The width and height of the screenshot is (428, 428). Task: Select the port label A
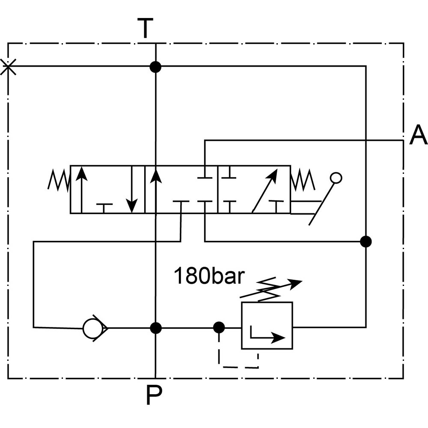(418, 136)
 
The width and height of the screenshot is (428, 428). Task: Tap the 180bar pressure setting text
(208, 276)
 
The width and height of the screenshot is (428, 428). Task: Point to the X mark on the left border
(8, 67)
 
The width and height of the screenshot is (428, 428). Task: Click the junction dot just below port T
(155, 66)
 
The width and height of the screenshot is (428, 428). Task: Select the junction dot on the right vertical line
(366, 241)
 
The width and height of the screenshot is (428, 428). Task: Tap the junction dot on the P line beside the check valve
(156, 328)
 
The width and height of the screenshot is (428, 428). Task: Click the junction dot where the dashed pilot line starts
(219, 328)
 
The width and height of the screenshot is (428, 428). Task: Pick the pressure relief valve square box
(267, 325)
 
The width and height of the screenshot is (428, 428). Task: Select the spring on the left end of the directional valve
(59, 180)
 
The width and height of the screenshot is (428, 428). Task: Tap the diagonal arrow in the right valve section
(264, 190)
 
